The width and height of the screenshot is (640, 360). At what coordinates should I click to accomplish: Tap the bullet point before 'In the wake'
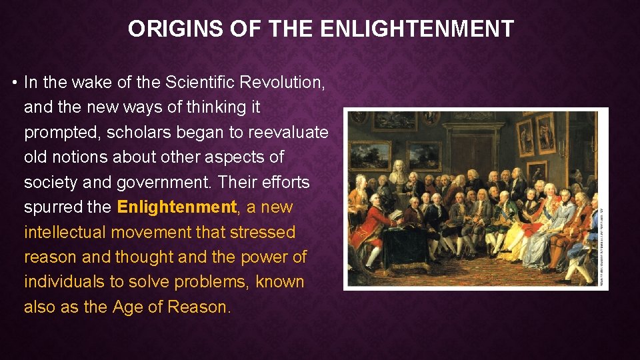pos(14,83)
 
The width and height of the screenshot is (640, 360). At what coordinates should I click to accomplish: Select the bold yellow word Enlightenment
pos(177,207)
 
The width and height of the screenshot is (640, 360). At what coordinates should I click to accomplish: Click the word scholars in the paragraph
pos(140,132)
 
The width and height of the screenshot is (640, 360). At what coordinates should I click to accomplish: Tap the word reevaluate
pos(288,132)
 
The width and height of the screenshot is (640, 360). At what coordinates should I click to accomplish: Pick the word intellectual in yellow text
pos(65,232)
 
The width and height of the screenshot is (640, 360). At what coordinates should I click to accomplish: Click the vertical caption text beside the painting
pos(603,247)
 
